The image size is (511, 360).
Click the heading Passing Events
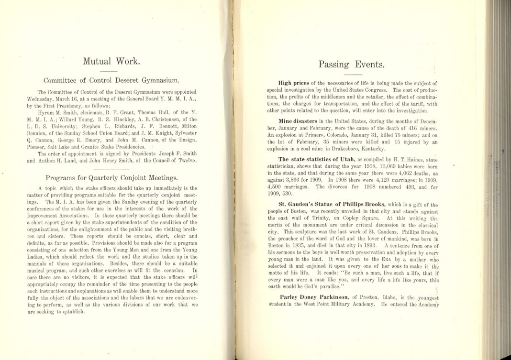point(352,65)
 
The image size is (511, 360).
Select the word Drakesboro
point(344,149)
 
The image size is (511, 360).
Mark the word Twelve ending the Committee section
point(186,161)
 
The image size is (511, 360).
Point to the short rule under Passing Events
point(352,75)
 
